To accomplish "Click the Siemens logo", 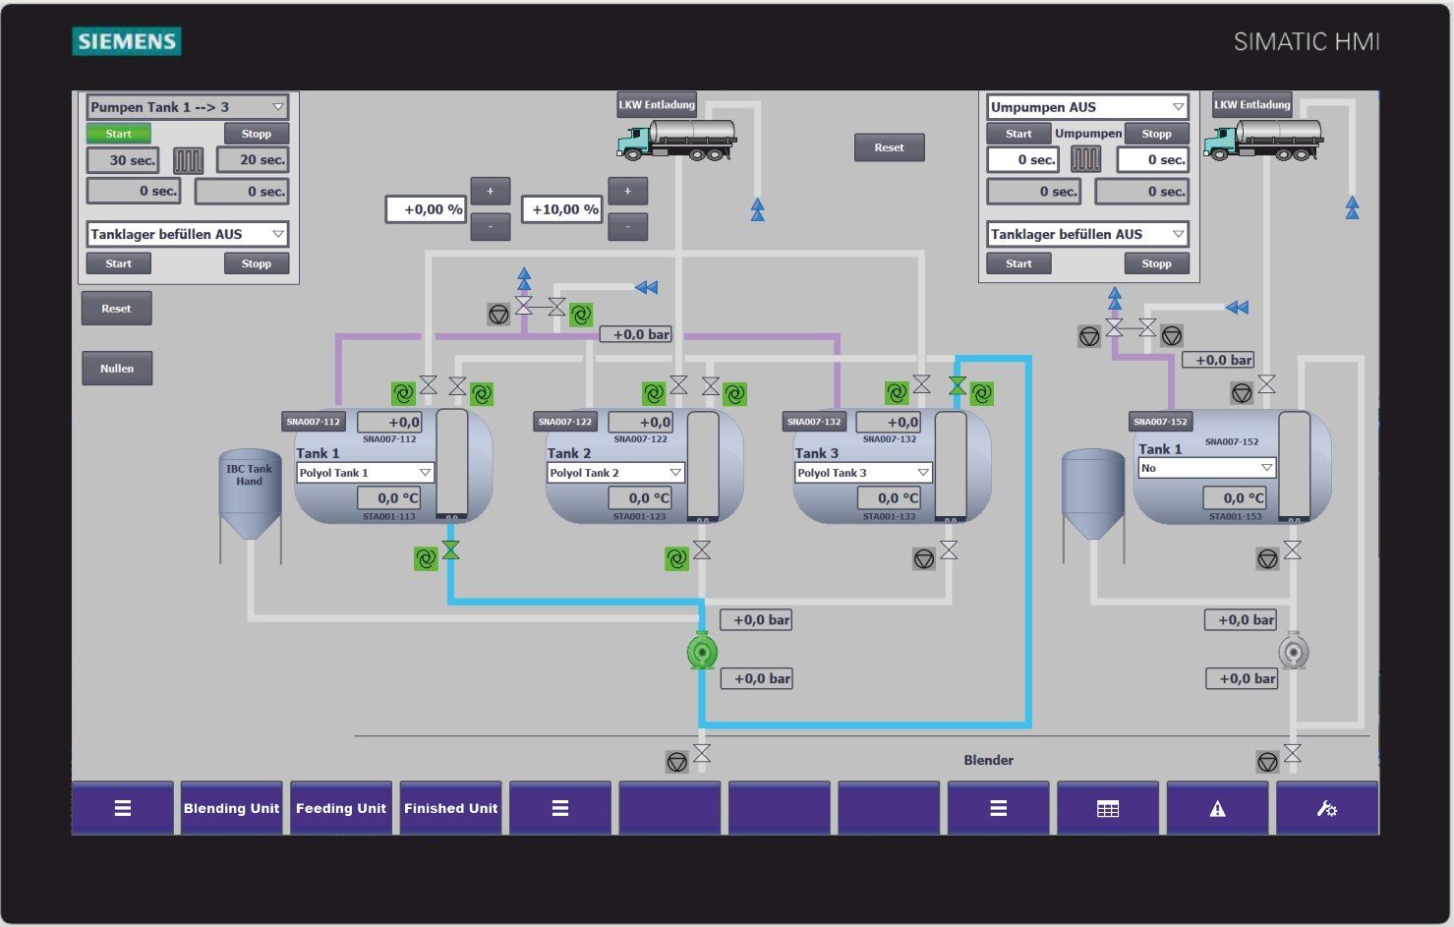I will [127, 41].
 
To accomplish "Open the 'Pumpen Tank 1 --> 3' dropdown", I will [187, 107].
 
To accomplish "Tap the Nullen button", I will [117, 369].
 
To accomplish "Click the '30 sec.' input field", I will [123, 160].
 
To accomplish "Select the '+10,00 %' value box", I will [560, 209].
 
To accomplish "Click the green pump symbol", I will [702, 651].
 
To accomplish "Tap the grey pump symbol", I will [1293, 651].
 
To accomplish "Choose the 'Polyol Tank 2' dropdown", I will [615, 473].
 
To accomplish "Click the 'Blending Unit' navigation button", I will [231, 808].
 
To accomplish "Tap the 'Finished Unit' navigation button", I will [450, 808].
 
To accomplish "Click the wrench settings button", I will [1326, 808].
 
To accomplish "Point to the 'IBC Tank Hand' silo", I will [250, 501].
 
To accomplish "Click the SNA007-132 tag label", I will [814, 422].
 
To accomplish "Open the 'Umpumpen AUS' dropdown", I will [1087, 107].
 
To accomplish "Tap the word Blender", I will [988, 760].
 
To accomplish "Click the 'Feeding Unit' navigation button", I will [341, 808].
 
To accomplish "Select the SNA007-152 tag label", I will [1160, 422].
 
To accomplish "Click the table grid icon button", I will [1108, 808].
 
